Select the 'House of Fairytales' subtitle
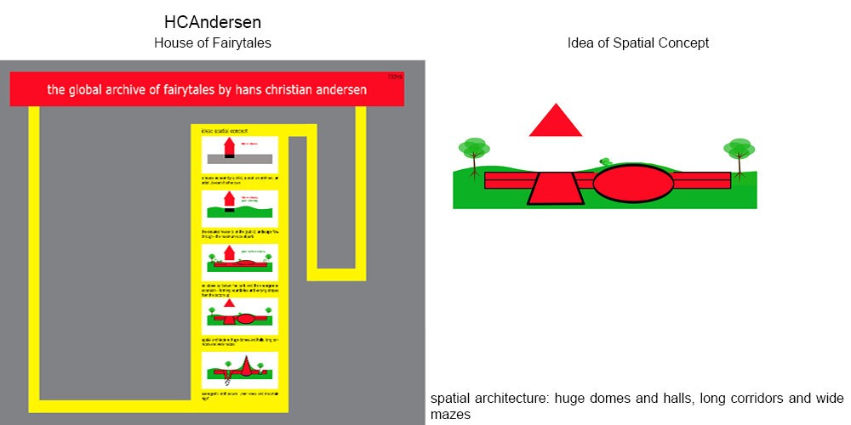[213, 43]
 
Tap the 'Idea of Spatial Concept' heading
[638, 43]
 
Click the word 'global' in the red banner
[89, 88]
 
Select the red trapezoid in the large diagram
[556, 187]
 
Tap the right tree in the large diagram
[739, 153]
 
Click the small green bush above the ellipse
[606, 160]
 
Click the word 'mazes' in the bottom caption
[450, 414]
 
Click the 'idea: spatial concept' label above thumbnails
[223, 131]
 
